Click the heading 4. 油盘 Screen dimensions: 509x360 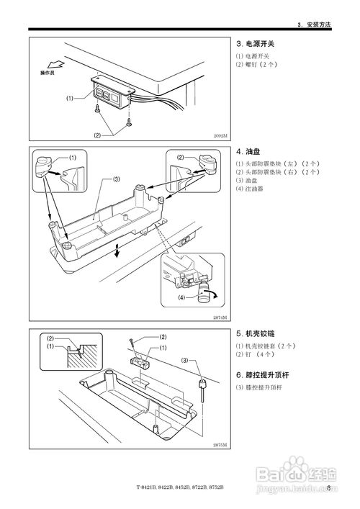tap(249, 152)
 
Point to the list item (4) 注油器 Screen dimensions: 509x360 tap(250, 189)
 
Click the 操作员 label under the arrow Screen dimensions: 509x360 tap(48, 73)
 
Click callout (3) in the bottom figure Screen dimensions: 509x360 tap(184, 360)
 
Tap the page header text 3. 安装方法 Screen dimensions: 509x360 tap(314, 26)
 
